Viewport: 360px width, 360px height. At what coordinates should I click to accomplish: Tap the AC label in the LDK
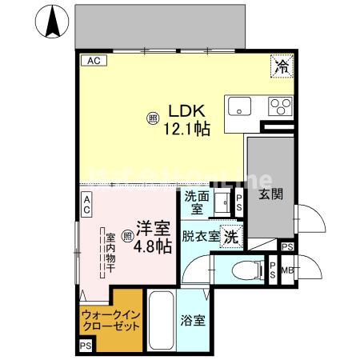click(94, 60)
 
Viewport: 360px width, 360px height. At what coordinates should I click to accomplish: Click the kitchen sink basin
click(238, 106)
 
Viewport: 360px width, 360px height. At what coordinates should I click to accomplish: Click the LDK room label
click(188, 112)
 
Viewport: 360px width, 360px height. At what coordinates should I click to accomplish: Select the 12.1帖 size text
click(188, 128)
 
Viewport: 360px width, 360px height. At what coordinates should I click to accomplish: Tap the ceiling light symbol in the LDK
click(152, 120)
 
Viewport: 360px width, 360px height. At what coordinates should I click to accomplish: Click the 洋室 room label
click(151, 228)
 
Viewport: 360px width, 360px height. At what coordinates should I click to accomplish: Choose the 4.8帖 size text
click(152, 246)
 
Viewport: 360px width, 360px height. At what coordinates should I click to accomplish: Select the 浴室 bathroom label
click(192, 322)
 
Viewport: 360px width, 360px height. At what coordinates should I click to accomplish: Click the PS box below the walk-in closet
click(86, 346)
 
